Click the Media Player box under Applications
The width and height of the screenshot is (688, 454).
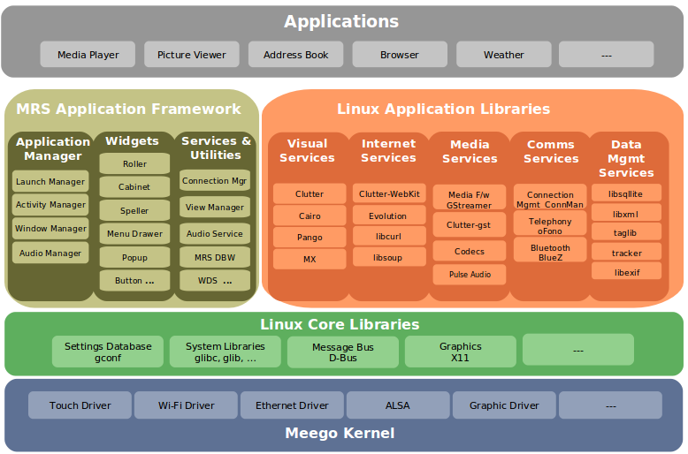click(88, 55)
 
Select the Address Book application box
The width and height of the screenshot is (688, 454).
click(295, 55)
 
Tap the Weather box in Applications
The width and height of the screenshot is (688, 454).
click(503, 55)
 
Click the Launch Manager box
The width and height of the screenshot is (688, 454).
click(50, 182)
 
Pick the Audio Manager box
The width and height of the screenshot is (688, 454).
click(50, 253)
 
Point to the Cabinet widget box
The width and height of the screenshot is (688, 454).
click(134, 187)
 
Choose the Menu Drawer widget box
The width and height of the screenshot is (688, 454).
click(134, 234)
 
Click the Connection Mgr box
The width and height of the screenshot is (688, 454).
click(214, 181)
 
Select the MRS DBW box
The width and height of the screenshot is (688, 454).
click(214, 257)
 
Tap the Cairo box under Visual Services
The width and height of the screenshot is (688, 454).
click(309, 216)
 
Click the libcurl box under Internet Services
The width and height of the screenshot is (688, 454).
click(388, 238)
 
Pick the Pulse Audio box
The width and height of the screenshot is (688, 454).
click(469, 275)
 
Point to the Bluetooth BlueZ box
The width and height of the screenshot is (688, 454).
click(550, 252)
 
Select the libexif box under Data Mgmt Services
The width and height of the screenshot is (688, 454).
click(626, 273)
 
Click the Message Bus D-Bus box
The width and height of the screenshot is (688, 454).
click(342, 352)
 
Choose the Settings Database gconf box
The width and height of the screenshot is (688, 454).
click(108, 352)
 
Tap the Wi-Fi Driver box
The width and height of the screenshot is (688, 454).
click(186, 405)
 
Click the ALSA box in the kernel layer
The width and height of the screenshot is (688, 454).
click(398, 405)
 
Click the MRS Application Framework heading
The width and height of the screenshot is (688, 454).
click(128, 110)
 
